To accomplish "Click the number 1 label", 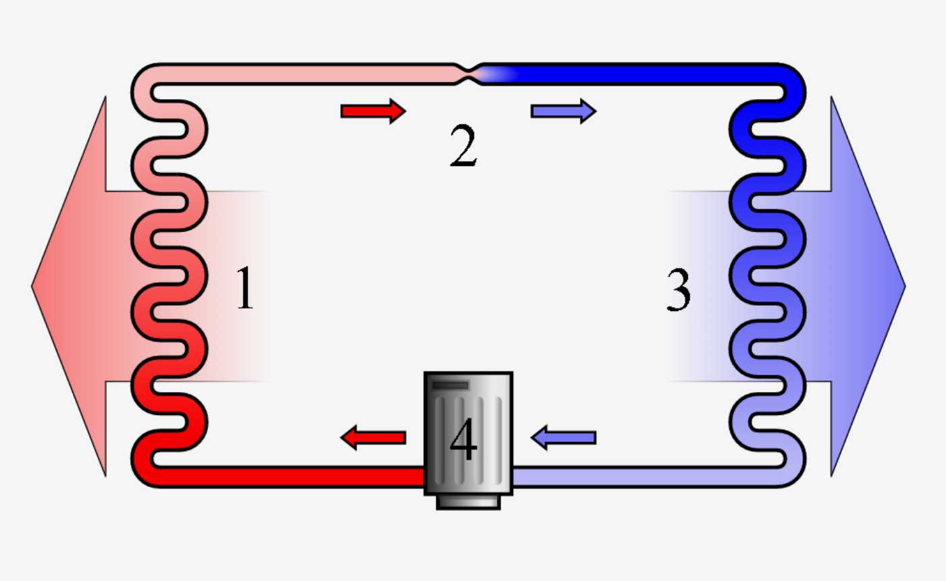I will click(245, 288).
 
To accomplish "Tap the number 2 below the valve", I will click(463, 146).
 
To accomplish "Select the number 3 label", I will click(678, 290).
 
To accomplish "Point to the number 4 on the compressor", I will click(463, 440).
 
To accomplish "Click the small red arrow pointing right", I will click(373, 111).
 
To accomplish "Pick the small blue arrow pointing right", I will click(563, 111).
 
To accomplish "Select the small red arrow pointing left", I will click(373, 438).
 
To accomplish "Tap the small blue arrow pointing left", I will click(564, 438).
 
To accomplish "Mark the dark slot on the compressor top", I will click(450, 385).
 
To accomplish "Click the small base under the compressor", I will click(468, 502).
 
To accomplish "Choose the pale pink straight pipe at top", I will click(304, 74).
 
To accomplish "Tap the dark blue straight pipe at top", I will click(641, 74).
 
